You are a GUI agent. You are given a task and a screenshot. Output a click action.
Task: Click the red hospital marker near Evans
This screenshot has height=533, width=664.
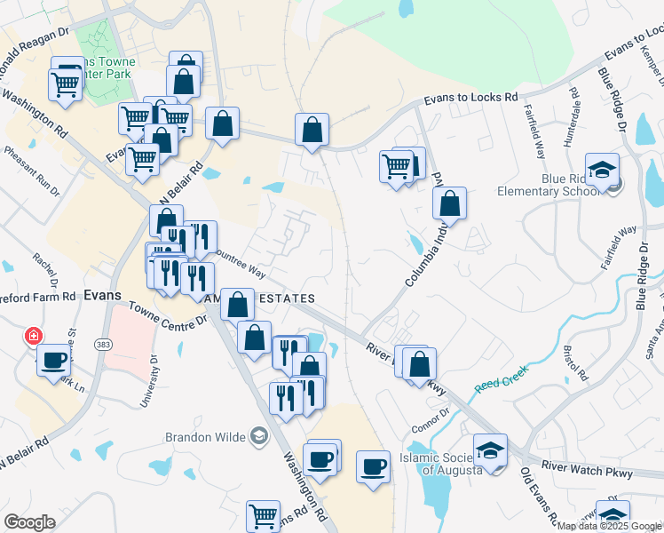click(33, 336)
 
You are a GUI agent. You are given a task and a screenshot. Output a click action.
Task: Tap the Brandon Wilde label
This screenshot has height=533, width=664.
click(207, 436)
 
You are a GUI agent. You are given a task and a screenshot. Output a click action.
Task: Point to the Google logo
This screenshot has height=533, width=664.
click(29, 521)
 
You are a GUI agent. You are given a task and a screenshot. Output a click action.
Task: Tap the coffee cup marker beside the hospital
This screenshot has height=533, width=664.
click(54, 359)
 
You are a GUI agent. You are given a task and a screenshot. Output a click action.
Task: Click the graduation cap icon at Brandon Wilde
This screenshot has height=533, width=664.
click(258, 435)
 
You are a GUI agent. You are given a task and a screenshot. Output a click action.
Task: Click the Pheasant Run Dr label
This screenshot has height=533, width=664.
click(30, 171)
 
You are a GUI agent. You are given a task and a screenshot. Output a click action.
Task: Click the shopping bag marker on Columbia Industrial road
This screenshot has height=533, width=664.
click(451, 203)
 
